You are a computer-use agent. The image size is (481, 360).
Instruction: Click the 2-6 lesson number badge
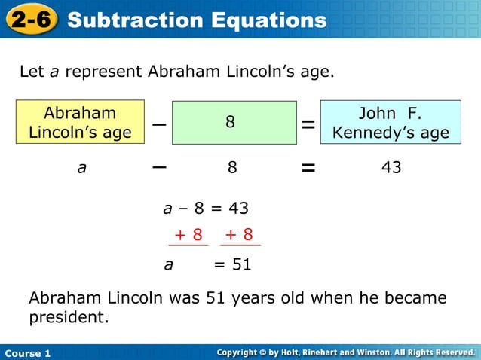coord(31,20)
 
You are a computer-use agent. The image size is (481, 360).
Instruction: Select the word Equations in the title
coord(268,20)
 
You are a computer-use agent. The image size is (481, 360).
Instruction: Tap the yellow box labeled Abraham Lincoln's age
coord(80,123)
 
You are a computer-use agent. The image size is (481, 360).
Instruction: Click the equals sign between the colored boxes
coord(308,125)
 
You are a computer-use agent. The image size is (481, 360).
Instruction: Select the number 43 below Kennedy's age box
coord(391,168)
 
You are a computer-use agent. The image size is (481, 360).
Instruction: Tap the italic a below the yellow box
coord(81,169)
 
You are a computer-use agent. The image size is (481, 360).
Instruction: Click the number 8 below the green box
coord(232,168)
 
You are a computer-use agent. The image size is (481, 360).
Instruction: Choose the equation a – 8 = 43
coord(206,208)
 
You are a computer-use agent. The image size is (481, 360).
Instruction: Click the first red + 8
coord(188,235)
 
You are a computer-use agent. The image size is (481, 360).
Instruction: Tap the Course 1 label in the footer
coord(28,353)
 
